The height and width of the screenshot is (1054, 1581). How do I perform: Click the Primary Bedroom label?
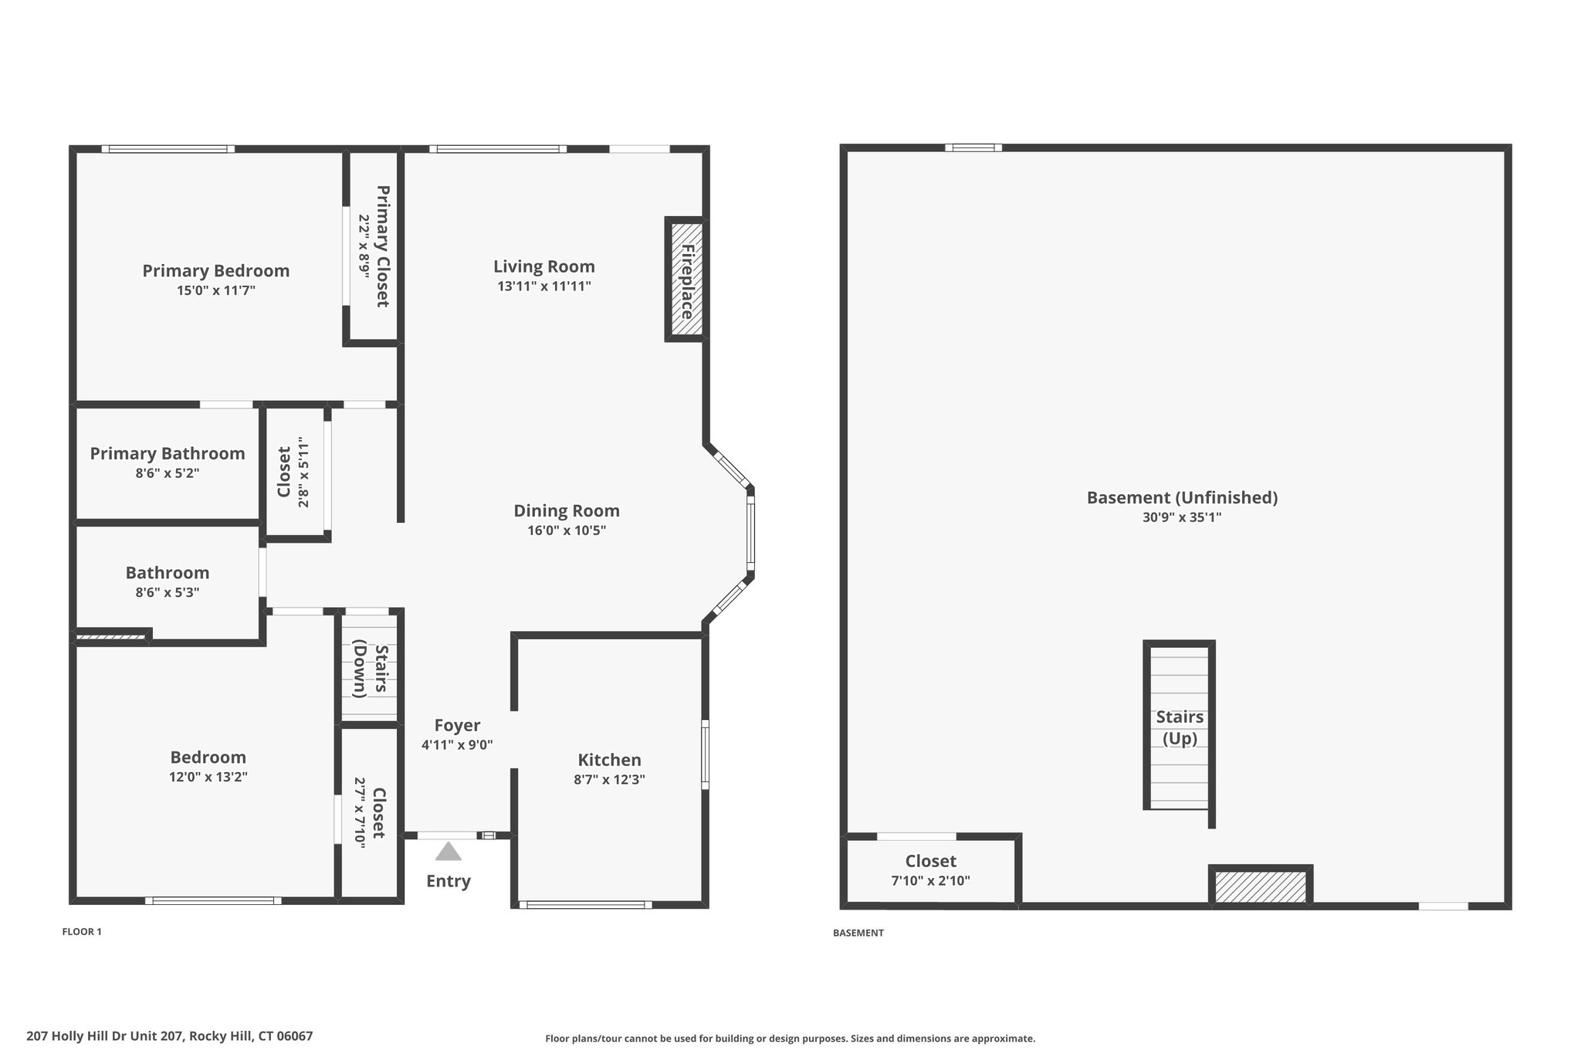[x=216, y=271]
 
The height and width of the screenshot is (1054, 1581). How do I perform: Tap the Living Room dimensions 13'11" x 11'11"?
[x=544, y=286]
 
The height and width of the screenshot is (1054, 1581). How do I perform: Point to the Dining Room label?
[x=567, y=510]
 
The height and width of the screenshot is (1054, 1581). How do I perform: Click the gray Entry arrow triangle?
[x=449, y=852]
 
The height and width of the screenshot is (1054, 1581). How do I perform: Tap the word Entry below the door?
[x=449, y=881]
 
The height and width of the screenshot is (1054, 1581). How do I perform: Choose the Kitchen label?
[x=610, y=760]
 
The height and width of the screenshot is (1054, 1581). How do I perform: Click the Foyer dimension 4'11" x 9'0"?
[x=457, y=745]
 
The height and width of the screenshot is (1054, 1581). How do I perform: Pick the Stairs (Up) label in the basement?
[x=1180, y=727]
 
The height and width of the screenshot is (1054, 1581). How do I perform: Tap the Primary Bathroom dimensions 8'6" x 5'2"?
[x=168, y=473]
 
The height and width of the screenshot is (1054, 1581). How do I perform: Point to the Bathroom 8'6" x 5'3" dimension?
[x=168, y=593]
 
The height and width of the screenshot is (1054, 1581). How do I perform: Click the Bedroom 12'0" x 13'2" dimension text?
[x=208, y=778]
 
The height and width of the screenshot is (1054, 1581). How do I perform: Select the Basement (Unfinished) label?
[x=1182, y=498]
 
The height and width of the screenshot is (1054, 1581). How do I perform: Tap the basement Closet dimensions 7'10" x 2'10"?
[x=931, y=880]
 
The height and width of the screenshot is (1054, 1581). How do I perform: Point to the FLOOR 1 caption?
[x=82, y=932]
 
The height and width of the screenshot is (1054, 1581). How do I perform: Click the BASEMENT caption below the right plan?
[x=858, y=933]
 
